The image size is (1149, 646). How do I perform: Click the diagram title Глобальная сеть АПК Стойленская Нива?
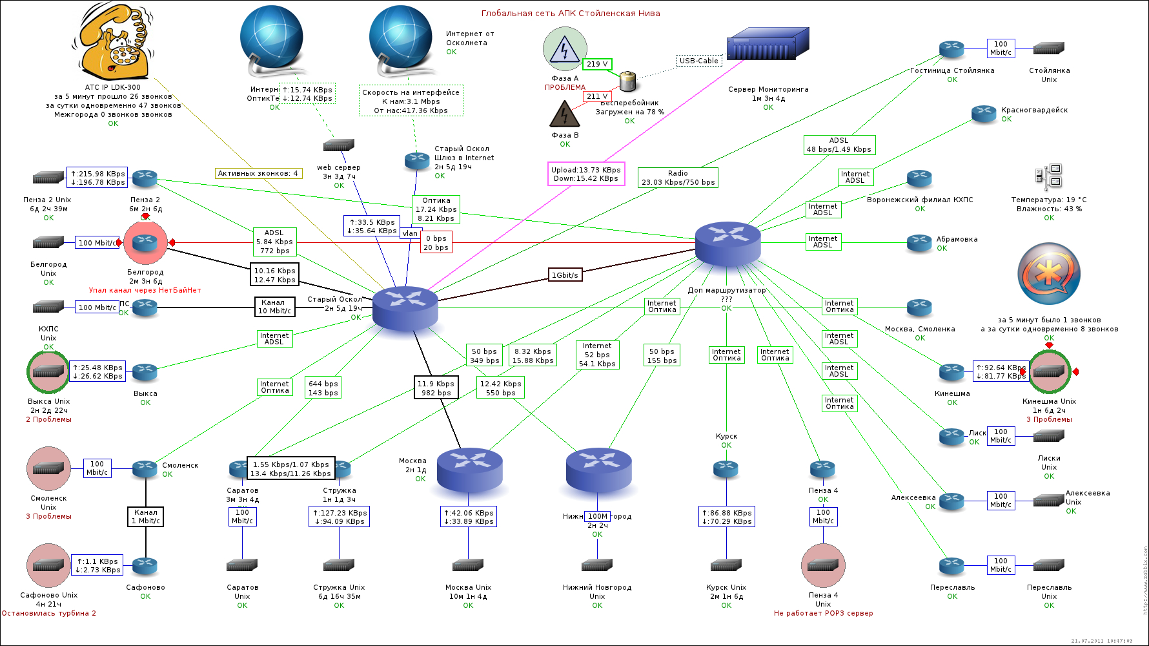click(x=571, y=14)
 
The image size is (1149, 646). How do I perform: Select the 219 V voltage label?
click(x=597, y=64)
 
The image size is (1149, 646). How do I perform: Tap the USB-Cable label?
click(x=698, y=61)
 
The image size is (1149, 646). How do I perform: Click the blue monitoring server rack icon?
click(x=768, y=44)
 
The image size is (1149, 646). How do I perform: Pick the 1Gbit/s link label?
click(x=565, y=275)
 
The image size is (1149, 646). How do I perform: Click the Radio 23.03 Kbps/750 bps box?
click(x=678, y=178)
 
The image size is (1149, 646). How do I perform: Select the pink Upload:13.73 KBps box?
click(x=586, y=174)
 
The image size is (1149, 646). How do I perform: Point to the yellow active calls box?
click(x=258, y=173)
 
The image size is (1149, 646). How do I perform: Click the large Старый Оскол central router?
click(x=405, y=307)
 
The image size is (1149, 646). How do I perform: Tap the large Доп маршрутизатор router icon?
click(x=727, y=244)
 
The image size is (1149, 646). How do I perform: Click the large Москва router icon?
click(x=469, y=470)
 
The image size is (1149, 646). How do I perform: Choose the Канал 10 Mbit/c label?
click(x=274, y=306)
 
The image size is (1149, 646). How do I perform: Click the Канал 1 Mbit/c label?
click(x=145, y=516)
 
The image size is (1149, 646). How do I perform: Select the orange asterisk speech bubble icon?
click(x=1049, y=274)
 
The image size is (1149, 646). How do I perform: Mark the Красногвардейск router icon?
click(x=984, y=113)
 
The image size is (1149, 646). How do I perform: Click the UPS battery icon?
click(x=627, y=81)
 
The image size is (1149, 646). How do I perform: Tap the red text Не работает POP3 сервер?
click(x=823, y=613)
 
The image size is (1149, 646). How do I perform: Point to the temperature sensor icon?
click(x=1049, y=176)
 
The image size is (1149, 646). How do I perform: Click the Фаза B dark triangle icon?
click(x=564, y=114)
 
